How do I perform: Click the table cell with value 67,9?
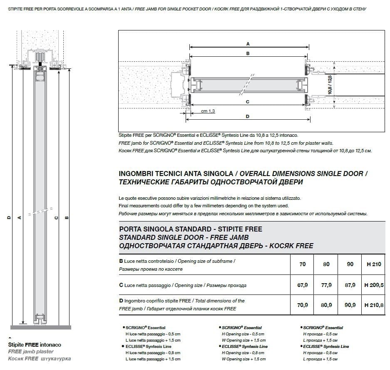(303, 285)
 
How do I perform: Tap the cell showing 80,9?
(326, 305)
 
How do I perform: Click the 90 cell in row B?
(350, 264)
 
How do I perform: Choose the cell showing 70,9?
(303, 305)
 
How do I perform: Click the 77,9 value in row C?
(326, 285)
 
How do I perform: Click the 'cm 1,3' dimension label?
(208, 111)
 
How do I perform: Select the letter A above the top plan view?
(248, 43)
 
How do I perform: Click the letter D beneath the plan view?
(248, 116)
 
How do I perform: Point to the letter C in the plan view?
(248, 101)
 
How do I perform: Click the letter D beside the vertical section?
(9, 217)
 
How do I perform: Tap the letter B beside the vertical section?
(67, 217)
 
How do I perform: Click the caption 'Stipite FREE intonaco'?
(35, 345)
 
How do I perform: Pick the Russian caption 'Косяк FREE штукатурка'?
(40, 359)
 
